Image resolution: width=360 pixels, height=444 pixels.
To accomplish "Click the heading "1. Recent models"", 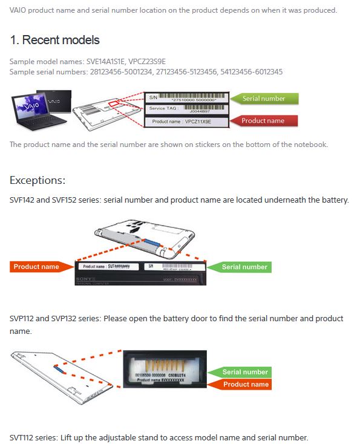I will pos(54,41).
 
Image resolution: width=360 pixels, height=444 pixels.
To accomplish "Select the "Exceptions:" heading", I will pos(38,180).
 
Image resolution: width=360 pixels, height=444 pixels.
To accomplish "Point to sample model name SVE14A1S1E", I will pos(103,62).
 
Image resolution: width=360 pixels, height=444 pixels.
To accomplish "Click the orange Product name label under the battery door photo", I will pos(245,384).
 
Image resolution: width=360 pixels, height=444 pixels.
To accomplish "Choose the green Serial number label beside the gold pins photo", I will pos(245,372).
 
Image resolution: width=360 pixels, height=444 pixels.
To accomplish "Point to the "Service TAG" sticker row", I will pos(187,109).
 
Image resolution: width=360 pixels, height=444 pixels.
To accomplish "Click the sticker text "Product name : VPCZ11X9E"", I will pos(187,122).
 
